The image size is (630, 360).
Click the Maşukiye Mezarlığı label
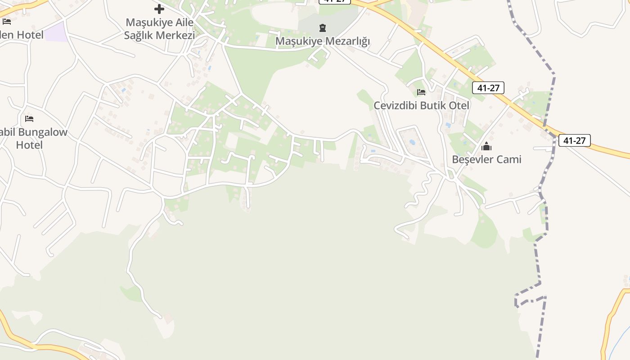tap(323, 41)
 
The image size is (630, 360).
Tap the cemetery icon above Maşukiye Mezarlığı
tap(323, 28)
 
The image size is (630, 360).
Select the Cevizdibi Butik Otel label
tap(421, 105)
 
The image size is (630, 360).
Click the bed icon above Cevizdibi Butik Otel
tap(421, 92)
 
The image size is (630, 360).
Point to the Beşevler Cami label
tap(486, 159)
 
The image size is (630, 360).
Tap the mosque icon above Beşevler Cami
tap(486, 146)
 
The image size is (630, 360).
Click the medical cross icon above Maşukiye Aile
tap(159, 9)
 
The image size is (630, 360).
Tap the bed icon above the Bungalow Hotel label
tap(29, 119)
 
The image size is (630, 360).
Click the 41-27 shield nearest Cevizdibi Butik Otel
tap(488, 88)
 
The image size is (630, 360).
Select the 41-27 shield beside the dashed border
tap(574, 140)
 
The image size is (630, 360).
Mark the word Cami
tap(509, 159)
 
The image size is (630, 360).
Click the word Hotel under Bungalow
tap(29, 145)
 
